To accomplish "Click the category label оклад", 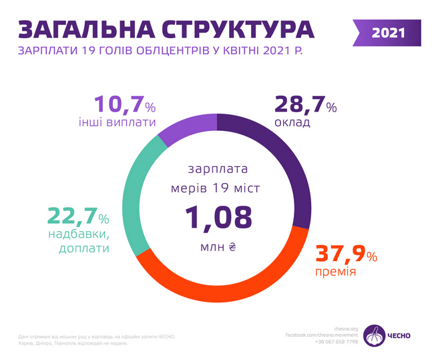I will click(292, 124).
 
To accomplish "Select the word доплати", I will click(79, 248).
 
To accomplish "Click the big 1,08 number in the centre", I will click(218, 218).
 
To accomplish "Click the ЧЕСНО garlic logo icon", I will click(378, 333).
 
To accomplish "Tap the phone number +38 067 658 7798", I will click(337, 341).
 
